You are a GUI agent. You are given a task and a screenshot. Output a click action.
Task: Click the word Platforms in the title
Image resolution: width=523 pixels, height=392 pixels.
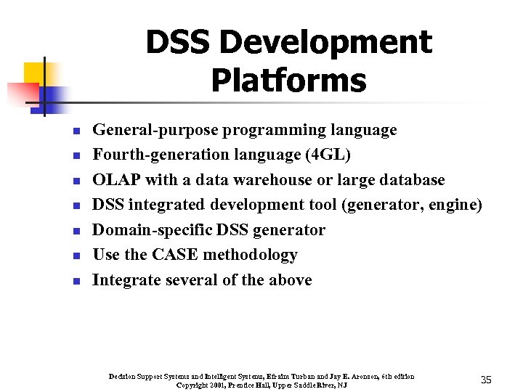point(288,81)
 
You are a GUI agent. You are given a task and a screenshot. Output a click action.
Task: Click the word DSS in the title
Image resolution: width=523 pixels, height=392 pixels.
point(178,44)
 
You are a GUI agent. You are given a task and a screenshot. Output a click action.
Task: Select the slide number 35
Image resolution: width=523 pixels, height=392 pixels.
point(486,380)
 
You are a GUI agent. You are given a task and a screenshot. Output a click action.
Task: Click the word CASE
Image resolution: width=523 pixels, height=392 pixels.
point(173,255)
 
